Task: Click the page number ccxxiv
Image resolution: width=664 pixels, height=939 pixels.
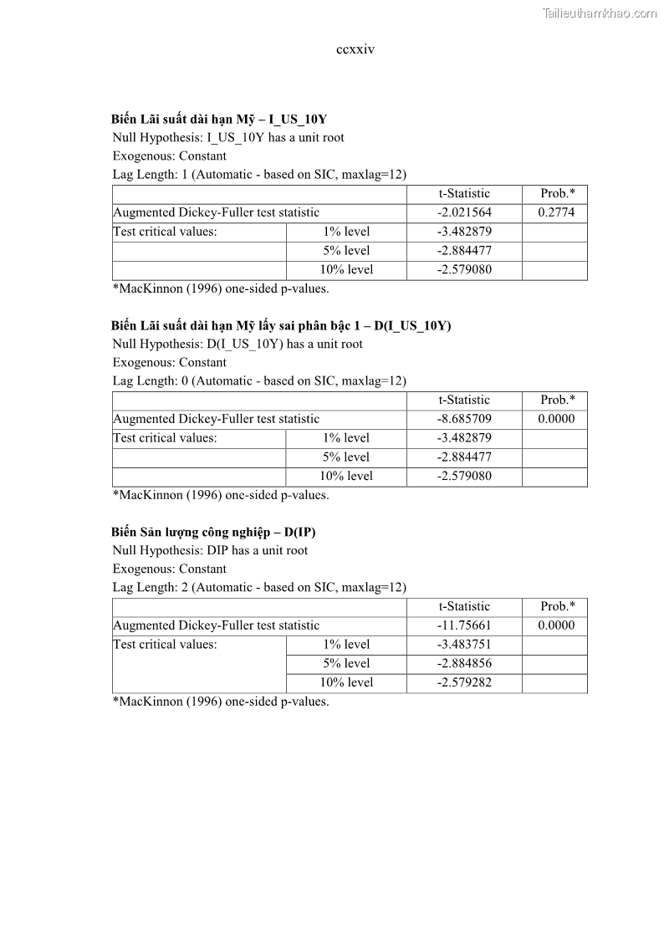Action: click(355, 49)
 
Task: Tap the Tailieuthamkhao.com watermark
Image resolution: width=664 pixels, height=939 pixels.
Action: click(600, 13)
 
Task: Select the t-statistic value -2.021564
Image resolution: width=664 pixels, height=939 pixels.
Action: click(464, 212)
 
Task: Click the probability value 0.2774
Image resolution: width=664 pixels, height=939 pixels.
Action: click(556, 212)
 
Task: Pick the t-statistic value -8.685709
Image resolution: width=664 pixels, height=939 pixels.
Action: click(464, 419)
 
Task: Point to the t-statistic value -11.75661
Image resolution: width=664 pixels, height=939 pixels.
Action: click(464, 625)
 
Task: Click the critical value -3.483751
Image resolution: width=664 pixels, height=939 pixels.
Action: click(464, 645)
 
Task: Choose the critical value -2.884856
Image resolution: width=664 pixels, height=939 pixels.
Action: click(464, 664)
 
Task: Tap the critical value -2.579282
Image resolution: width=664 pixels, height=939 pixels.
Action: click(464, 683)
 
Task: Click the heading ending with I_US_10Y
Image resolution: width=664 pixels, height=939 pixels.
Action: click(219, 119)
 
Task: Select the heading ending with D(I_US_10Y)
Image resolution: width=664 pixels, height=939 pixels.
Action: click(281, 325)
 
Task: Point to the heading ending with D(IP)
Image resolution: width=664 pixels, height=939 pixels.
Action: click(213, 532)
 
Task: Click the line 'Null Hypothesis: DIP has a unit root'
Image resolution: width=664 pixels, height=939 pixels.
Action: click(210, 550)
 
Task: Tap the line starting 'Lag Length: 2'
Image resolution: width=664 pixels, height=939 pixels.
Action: click(259, 587)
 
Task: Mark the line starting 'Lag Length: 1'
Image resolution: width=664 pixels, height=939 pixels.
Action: click(259, 174)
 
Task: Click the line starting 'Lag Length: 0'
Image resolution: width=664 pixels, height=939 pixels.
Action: click(259, 380)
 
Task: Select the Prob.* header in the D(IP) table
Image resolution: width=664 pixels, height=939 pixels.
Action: click(556, 606)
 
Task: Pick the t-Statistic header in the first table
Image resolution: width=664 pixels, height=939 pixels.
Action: click(464, 193)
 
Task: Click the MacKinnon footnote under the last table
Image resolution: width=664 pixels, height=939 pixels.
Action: click(221, 702)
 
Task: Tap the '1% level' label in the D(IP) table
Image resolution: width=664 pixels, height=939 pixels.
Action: click(346, 645)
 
